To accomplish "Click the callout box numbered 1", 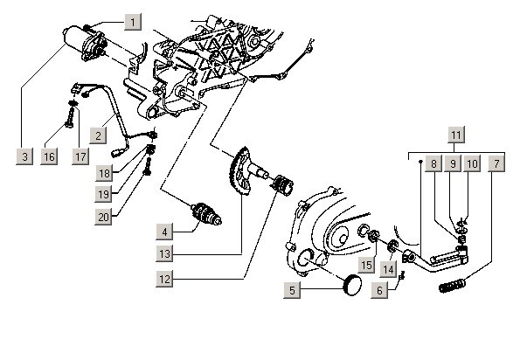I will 131,20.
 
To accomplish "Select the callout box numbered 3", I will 25,156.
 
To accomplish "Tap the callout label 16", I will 49,156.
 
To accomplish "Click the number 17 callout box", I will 80,156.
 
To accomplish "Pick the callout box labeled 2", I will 101,135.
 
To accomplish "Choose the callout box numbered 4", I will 163,232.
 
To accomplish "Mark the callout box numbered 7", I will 496,163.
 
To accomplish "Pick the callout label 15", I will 367,263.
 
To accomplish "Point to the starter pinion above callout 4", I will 207,213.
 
